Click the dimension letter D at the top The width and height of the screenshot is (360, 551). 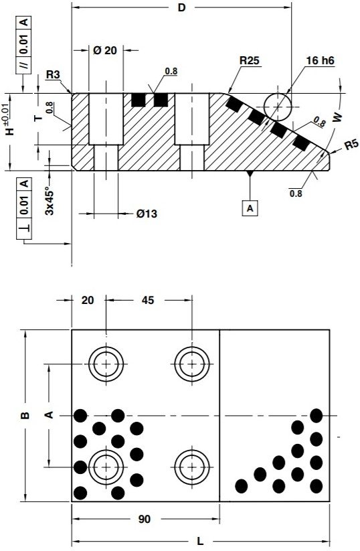pyautogui.click(x=181, y=8)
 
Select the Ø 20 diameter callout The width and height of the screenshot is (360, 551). pyautogui.click(x=105, y=51)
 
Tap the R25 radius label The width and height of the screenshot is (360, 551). pyautogui.click(x=250, y=61)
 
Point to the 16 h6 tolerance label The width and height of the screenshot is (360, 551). pyautogui.click(x=320, y=60)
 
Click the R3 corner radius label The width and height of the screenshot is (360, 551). pyautogui.click(x=54, y=75)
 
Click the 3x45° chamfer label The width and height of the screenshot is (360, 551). pyautogui.click(x=50, y=200)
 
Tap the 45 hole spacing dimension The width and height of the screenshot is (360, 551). pyautogui.click(x=148, y=301)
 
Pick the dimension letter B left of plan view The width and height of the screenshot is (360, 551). pyautogui.click(x=25, y=416)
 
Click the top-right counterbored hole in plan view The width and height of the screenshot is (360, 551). pyautogui.click(x=192, y=364)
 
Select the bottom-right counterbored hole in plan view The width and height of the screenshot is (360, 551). pyautogui.click(x=192, y=467)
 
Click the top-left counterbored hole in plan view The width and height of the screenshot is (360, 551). pyautogui.click(x=105, y=364)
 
